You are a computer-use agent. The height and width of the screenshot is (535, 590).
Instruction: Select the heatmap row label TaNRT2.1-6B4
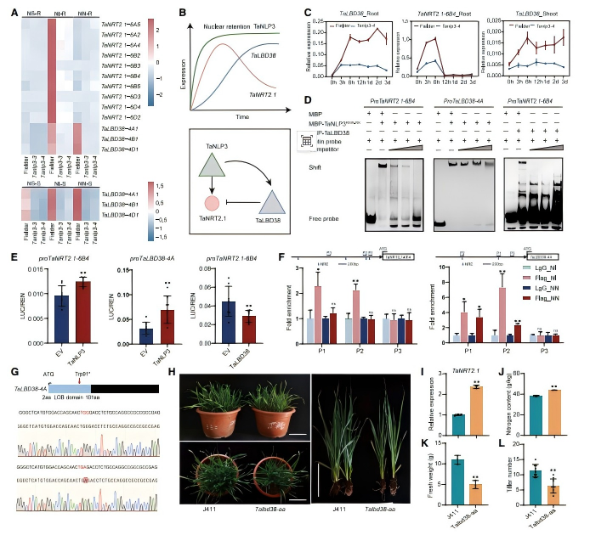(x=121, y=77)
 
